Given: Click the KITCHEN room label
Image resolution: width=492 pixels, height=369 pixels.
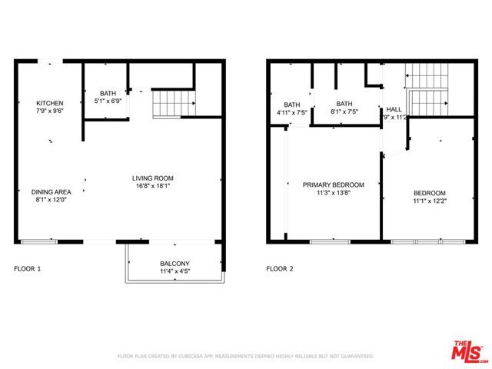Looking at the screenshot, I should click(x=49, y=103).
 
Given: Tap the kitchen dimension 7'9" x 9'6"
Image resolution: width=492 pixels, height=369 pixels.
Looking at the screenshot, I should click(x=49, y=111).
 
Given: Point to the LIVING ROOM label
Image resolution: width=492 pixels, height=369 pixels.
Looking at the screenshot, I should click(x=154, y=178).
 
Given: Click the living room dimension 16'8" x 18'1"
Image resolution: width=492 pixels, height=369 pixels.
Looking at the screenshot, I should click(x=154, y=185).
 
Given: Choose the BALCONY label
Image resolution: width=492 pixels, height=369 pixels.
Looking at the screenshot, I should click(x=175, y=263).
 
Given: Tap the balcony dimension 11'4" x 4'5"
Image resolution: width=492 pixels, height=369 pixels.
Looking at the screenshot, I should click(x=175, y=271).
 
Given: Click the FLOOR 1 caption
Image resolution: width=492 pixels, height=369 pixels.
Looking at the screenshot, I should click(x=28, y=269).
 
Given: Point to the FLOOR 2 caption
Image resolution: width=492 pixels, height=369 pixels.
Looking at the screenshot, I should click(x=280, y=269).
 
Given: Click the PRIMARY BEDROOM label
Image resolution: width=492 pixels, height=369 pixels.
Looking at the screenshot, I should click(x=333, y=184).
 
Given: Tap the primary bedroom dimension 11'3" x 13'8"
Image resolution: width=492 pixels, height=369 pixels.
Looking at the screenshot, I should click(x=333, y=192).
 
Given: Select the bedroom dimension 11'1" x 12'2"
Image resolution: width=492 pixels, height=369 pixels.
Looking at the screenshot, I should click(x=429, y=201).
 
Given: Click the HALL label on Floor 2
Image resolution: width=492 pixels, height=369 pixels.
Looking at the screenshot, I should click(x=394, y=109).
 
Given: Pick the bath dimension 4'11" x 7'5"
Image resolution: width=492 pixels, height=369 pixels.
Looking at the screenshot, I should click(x=292, y=112).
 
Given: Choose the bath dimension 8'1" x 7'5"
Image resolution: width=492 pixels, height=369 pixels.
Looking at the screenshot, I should click(x=344, y=112).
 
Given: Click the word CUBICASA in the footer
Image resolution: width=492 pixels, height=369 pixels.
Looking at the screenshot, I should click(x=192, y=357).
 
